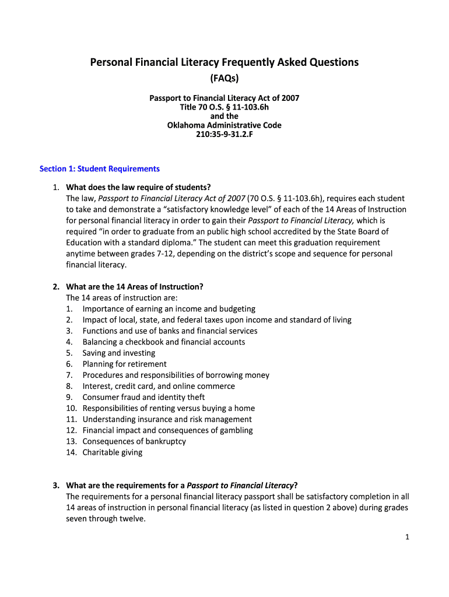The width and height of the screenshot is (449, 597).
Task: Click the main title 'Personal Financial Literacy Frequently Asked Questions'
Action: (224, 62)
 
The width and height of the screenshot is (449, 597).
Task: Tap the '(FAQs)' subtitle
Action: (224, 78)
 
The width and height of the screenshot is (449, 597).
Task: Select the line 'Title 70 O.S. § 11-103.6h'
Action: (224, 107)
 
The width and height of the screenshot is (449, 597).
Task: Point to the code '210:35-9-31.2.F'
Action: (224, 135)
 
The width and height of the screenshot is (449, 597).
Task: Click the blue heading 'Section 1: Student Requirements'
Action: (99, 168)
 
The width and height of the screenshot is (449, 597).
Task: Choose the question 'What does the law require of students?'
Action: (138, 187)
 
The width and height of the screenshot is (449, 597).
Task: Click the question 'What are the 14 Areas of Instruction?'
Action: (135, 287)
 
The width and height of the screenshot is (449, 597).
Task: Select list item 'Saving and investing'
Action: (119, 353)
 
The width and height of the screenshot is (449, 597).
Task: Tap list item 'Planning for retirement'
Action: (124, 364)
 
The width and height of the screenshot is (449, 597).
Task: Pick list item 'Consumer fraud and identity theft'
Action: (143, 397)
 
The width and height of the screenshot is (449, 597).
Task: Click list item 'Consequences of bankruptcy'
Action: (134, 441)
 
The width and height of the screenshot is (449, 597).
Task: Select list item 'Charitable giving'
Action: (112, 452)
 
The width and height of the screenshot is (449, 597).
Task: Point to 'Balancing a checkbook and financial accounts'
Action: (164, 342)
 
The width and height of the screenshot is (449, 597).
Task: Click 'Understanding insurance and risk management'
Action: (167, 419)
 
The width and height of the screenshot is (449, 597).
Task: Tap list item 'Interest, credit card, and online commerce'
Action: (159, 386)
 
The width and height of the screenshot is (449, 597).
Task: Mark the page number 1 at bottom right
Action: (408, 537)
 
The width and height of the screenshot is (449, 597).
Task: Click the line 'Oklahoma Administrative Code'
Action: (224, 125)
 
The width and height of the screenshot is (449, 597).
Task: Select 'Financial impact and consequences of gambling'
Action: (167, 430)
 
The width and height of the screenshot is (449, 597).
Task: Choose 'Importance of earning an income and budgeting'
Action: (169, 309)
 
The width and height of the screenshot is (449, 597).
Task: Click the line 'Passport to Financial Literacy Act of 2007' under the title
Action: (224, 98)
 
